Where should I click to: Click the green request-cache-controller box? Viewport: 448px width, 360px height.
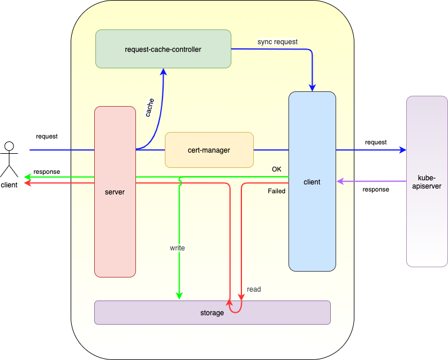(163, 49)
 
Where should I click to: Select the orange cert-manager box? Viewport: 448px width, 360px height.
(209, 150)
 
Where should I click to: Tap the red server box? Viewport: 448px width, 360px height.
(115, 191)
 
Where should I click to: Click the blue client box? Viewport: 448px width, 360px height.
(312, 181)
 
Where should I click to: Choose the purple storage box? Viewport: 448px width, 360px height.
(213, 312)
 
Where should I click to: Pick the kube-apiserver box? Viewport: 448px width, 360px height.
(427, 181)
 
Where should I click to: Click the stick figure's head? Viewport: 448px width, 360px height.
(9, 146)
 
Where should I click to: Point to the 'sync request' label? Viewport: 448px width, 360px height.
(277, 42)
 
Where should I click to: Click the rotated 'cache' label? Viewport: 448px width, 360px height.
(150, 107)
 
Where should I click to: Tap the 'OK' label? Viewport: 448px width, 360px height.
(277, 169)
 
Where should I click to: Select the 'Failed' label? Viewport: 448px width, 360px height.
(277, 191)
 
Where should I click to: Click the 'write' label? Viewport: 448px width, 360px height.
(177, 248)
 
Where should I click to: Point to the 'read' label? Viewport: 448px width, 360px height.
(254, 289)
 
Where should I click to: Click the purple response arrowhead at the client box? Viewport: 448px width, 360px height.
(340, 181)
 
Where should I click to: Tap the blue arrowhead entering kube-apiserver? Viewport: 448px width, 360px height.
(403, 150)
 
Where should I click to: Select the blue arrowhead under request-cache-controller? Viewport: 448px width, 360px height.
(164, 72)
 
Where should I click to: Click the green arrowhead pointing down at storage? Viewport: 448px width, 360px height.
(179, 296)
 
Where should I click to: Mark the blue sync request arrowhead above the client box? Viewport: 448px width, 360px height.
(312, 88)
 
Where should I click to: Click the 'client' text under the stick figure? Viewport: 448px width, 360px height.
(9, 185)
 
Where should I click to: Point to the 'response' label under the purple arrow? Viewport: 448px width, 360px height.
(376, 189)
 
